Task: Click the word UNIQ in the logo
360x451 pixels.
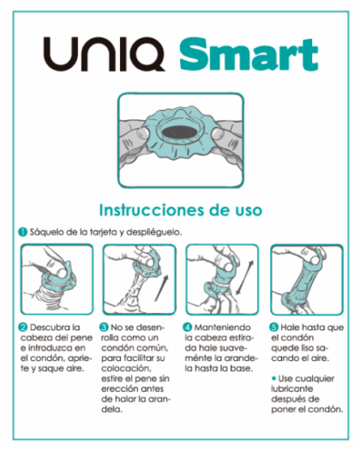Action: point(105,56)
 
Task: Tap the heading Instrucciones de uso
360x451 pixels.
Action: point(181,209)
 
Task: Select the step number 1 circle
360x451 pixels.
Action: point(22,232)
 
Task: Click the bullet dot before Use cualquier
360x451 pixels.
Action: point(273,376)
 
